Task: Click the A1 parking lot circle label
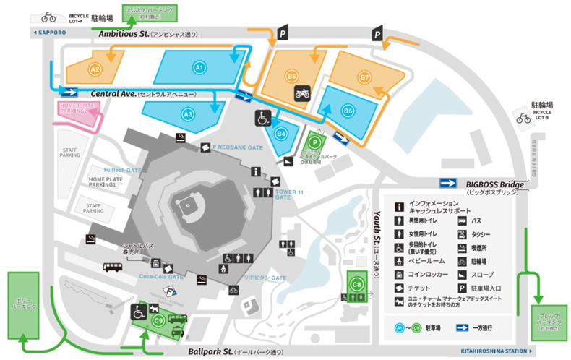199,67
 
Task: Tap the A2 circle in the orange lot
94,69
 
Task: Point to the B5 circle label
348,111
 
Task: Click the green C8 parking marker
356,284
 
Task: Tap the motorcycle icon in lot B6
302,93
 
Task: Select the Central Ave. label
118,94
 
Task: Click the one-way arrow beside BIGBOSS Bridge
449,184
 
